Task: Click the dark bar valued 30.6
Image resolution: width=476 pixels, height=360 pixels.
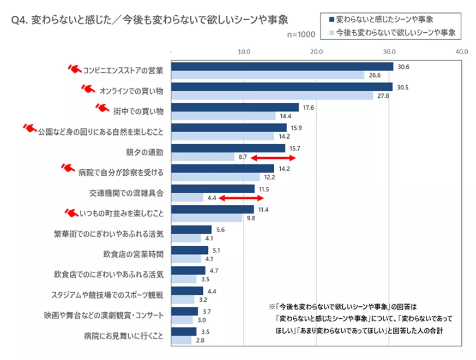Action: point(282,66)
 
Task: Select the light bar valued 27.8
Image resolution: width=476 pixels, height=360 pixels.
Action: point(272,96)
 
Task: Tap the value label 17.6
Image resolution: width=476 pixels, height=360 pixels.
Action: point(308,108)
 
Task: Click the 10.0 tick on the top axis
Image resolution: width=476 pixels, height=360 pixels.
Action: point(244,52)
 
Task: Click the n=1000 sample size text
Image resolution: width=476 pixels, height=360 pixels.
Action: point(301,34)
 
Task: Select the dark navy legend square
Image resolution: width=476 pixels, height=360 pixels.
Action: point(331,20)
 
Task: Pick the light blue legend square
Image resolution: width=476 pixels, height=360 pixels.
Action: point(331,33)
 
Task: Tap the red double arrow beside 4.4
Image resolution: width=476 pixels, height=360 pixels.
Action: point(242,198)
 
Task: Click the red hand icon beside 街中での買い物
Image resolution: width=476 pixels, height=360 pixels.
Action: point(102,109)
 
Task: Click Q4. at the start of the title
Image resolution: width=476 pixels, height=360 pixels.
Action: point(20,21)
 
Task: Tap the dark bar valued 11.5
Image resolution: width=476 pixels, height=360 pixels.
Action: point(213,189)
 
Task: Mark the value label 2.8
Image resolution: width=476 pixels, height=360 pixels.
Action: point(200,340)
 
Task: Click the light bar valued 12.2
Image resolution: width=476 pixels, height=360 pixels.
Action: point(215,177)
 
